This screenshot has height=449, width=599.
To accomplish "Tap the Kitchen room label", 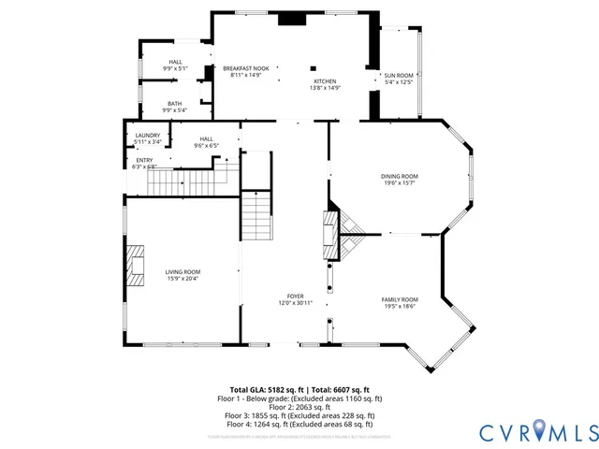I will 324,81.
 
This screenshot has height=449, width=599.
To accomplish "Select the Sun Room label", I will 398,75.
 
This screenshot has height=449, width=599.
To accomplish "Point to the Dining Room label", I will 399,176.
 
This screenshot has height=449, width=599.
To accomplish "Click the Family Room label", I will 399,299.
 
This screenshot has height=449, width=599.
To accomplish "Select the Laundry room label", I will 147,136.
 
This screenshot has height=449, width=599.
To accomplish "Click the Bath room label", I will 174,104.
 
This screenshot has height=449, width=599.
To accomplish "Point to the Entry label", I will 144,160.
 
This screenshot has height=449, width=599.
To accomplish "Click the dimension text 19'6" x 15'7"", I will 399,182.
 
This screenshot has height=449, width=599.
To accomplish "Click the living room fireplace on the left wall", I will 138,264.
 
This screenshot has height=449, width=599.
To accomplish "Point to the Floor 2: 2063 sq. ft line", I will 299,407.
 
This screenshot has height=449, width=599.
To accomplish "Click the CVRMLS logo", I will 537,431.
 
